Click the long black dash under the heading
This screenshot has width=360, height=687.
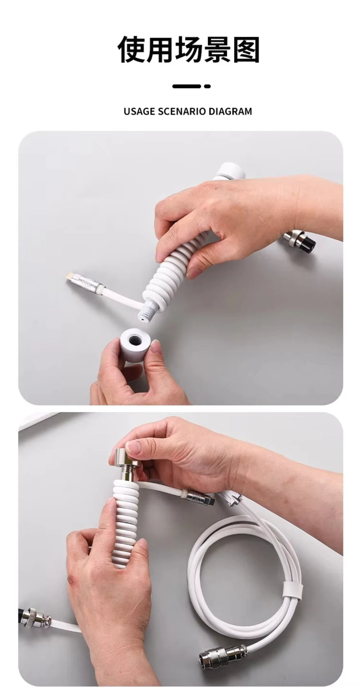coord(186,86)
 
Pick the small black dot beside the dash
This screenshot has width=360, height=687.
coord(207,86)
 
